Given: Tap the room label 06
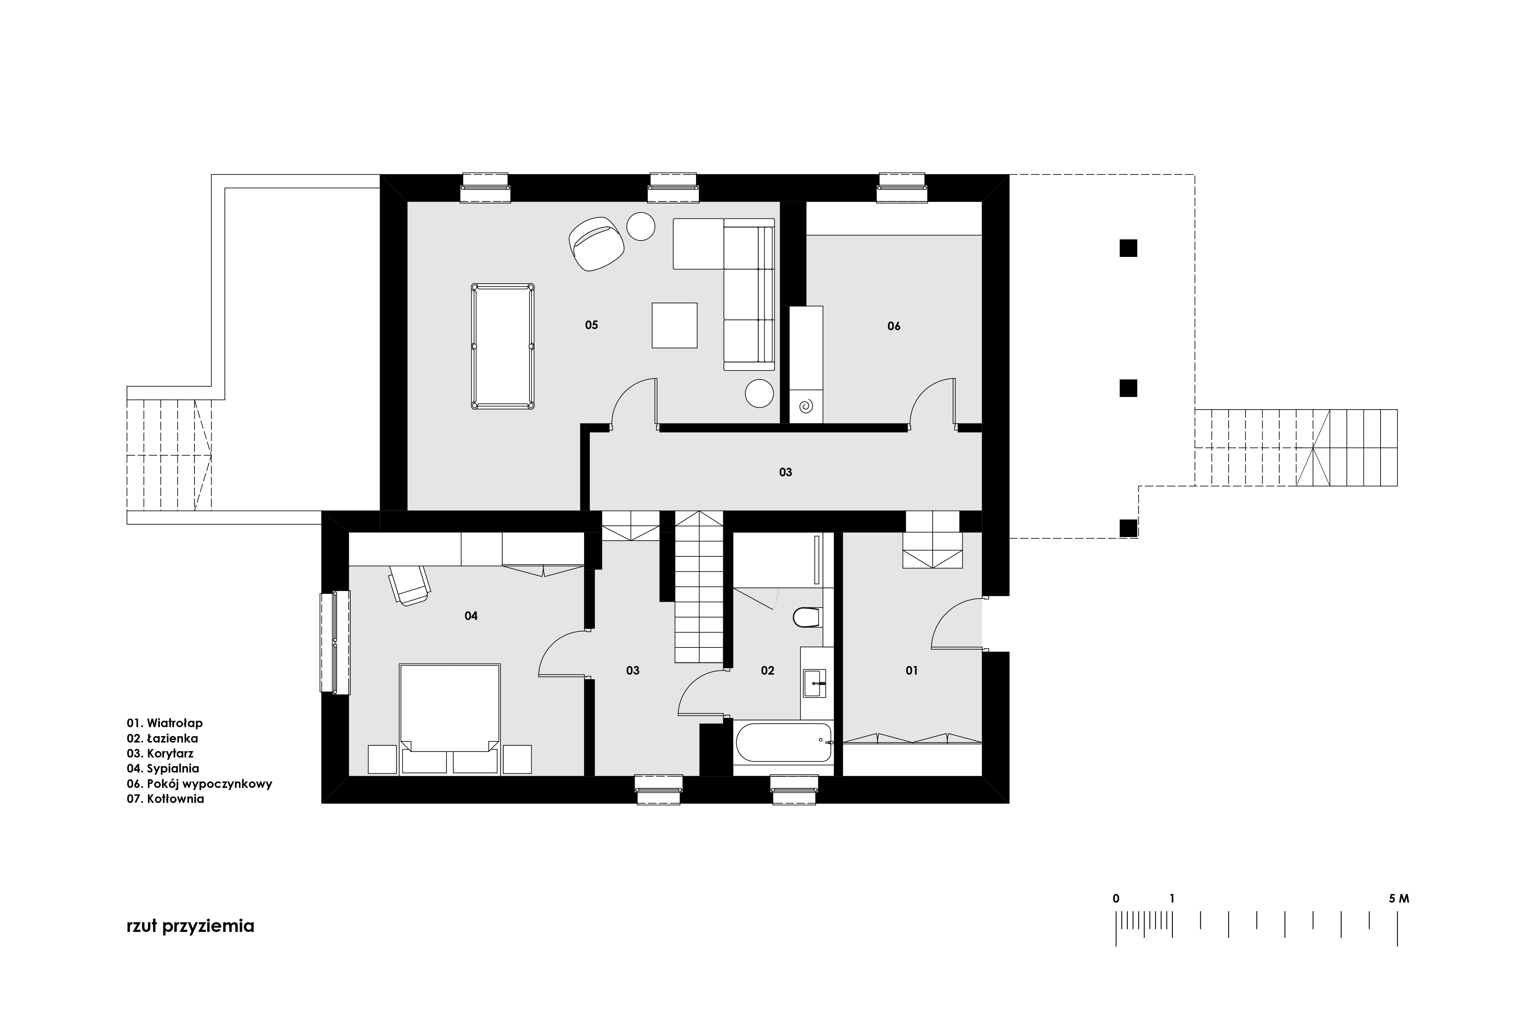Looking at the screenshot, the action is (894, 326).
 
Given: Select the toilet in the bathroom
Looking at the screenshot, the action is (806, 617).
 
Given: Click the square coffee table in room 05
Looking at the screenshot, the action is (674, 325).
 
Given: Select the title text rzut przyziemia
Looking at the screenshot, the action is (191, 927).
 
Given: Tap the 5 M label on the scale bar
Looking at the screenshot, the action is (1399, 899).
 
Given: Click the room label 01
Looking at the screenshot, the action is (911, 671).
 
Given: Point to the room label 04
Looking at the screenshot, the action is (471, 616).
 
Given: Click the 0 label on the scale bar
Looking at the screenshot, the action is (1116, 899).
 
